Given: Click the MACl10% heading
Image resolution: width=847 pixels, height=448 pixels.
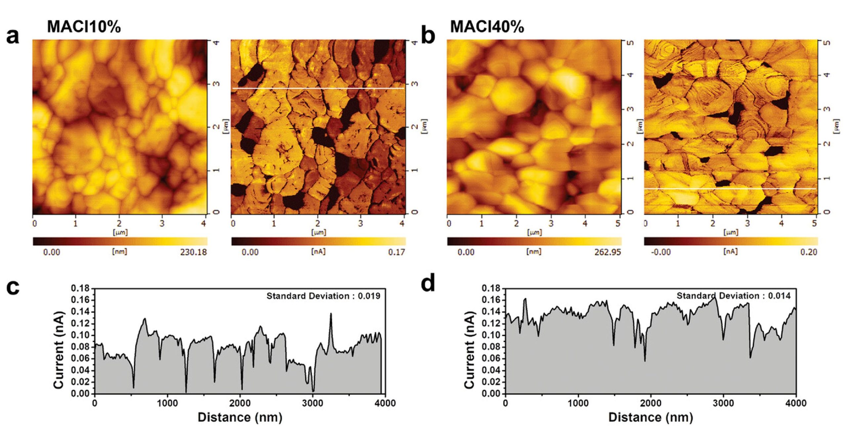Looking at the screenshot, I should [84, 27].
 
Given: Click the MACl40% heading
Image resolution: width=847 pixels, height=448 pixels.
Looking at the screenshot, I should [487, 27].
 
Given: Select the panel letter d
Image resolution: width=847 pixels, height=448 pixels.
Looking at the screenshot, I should [428, 284].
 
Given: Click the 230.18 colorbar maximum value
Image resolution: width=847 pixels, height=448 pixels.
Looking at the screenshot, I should [193, 252].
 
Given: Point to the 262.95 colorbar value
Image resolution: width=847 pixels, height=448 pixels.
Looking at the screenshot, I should [607, 252].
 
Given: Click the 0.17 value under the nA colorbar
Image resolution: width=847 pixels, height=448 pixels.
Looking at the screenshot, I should [396, 252].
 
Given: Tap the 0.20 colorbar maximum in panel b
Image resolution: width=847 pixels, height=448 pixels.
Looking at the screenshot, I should [809, 252].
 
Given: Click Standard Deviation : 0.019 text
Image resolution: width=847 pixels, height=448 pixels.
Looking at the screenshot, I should [323, 296].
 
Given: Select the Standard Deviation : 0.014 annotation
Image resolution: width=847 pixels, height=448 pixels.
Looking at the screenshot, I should [733, 296].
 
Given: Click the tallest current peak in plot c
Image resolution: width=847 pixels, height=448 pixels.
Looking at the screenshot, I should [331, 314].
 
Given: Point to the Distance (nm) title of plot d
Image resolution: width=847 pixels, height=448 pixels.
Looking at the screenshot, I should [650, 417].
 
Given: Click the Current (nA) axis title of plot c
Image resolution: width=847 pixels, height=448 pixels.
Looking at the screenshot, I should [58, 350].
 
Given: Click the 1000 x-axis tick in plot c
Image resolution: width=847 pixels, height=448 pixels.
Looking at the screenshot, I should [167, 403].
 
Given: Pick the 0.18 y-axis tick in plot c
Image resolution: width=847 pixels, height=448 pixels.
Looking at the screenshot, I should [80, 289].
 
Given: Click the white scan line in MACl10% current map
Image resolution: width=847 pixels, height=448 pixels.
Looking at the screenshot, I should [318, 88].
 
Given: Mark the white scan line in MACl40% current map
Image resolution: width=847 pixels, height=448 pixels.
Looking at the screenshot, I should [730, 189].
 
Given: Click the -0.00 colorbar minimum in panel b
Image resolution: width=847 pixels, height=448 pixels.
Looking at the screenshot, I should [661, 252].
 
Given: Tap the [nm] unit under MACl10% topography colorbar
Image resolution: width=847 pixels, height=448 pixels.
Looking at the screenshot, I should [119, 252].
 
